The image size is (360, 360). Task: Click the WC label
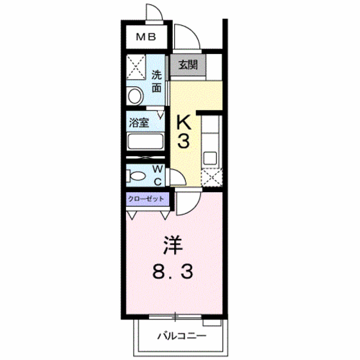[157, 174]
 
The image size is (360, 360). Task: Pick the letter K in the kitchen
[184, 120]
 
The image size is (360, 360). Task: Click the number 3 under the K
[183, 141]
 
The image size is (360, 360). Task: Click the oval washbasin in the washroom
[135, 96]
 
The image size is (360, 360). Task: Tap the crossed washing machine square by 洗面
[136, 67]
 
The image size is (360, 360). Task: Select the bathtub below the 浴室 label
[147, 142]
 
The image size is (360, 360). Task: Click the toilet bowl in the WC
[137, 175]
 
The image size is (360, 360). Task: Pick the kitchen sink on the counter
[210, 156]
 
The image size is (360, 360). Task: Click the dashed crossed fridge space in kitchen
[210, 177]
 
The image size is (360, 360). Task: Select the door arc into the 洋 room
[184, 204]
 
